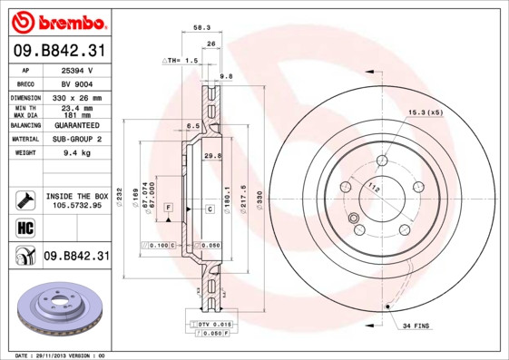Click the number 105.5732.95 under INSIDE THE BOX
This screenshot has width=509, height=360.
[x=77, y=206]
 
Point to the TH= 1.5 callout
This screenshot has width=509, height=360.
[x=181, y=60]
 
